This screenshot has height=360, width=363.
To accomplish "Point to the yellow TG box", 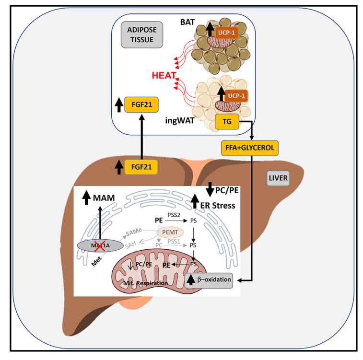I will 227,122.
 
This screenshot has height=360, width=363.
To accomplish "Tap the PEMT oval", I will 171,232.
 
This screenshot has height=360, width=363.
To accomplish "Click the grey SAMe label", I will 133,232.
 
